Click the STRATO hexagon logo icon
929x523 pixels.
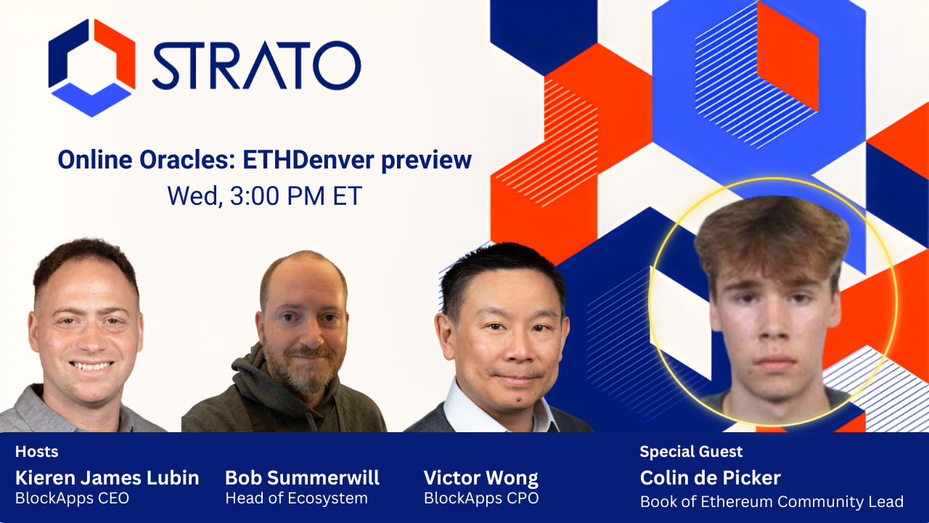(x=91, y=67)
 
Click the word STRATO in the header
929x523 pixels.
(x=255, y=66)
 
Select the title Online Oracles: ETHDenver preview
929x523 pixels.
(x=264, y=160)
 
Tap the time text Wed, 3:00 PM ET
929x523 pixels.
(x=264, y=196)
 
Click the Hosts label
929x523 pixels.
(x=36, y=452)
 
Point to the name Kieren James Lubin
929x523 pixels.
(x=107, y=478)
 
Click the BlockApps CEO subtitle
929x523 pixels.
(x=72, y=499)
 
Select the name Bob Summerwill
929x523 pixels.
(x=302, y=478)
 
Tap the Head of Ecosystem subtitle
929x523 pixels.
(x=296, y=499)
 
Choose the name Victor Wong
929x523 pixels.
(x=480, y=478)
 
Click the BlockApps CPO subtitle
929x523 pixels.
(x=480, y=499)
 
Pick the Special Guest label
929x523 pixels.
(x=691, y=452)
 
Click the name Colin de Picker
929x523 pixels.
(x=710, y=478)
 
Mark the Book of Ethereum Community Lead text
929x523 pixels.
(x=771, y=501)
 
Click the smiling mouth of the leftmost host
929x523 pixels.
(x=91, y=366)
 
